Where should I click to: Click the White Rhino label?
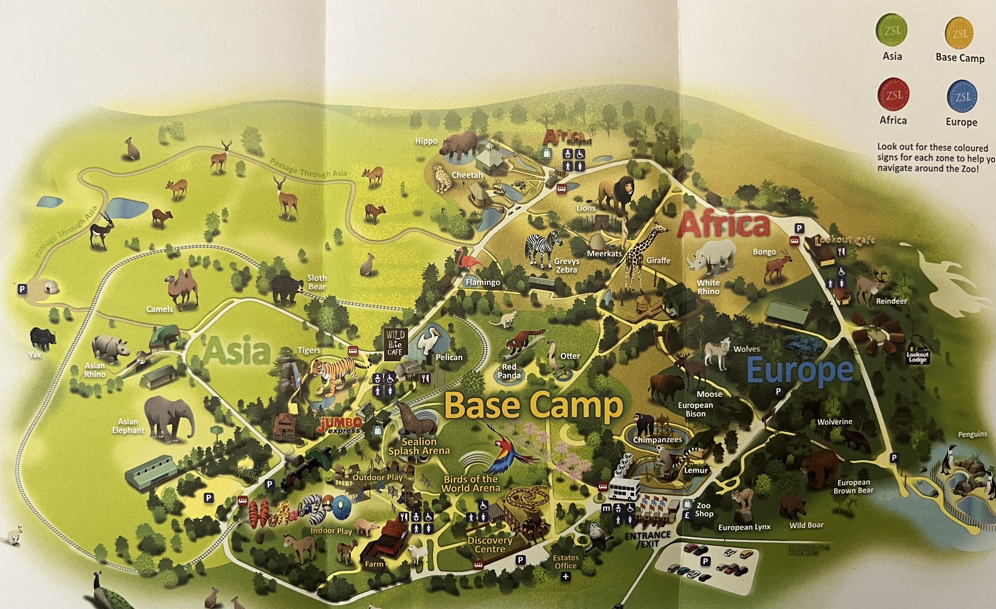[708, 287]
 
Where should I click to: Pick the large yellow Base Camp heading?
[534, 406]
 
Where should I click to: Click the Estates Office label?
[566, 561]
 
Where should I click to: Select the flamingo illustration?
[468, 260]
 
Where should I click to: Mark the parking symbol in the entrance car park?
[705, 561]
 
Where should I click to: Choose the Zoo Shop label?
[704, 509]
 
